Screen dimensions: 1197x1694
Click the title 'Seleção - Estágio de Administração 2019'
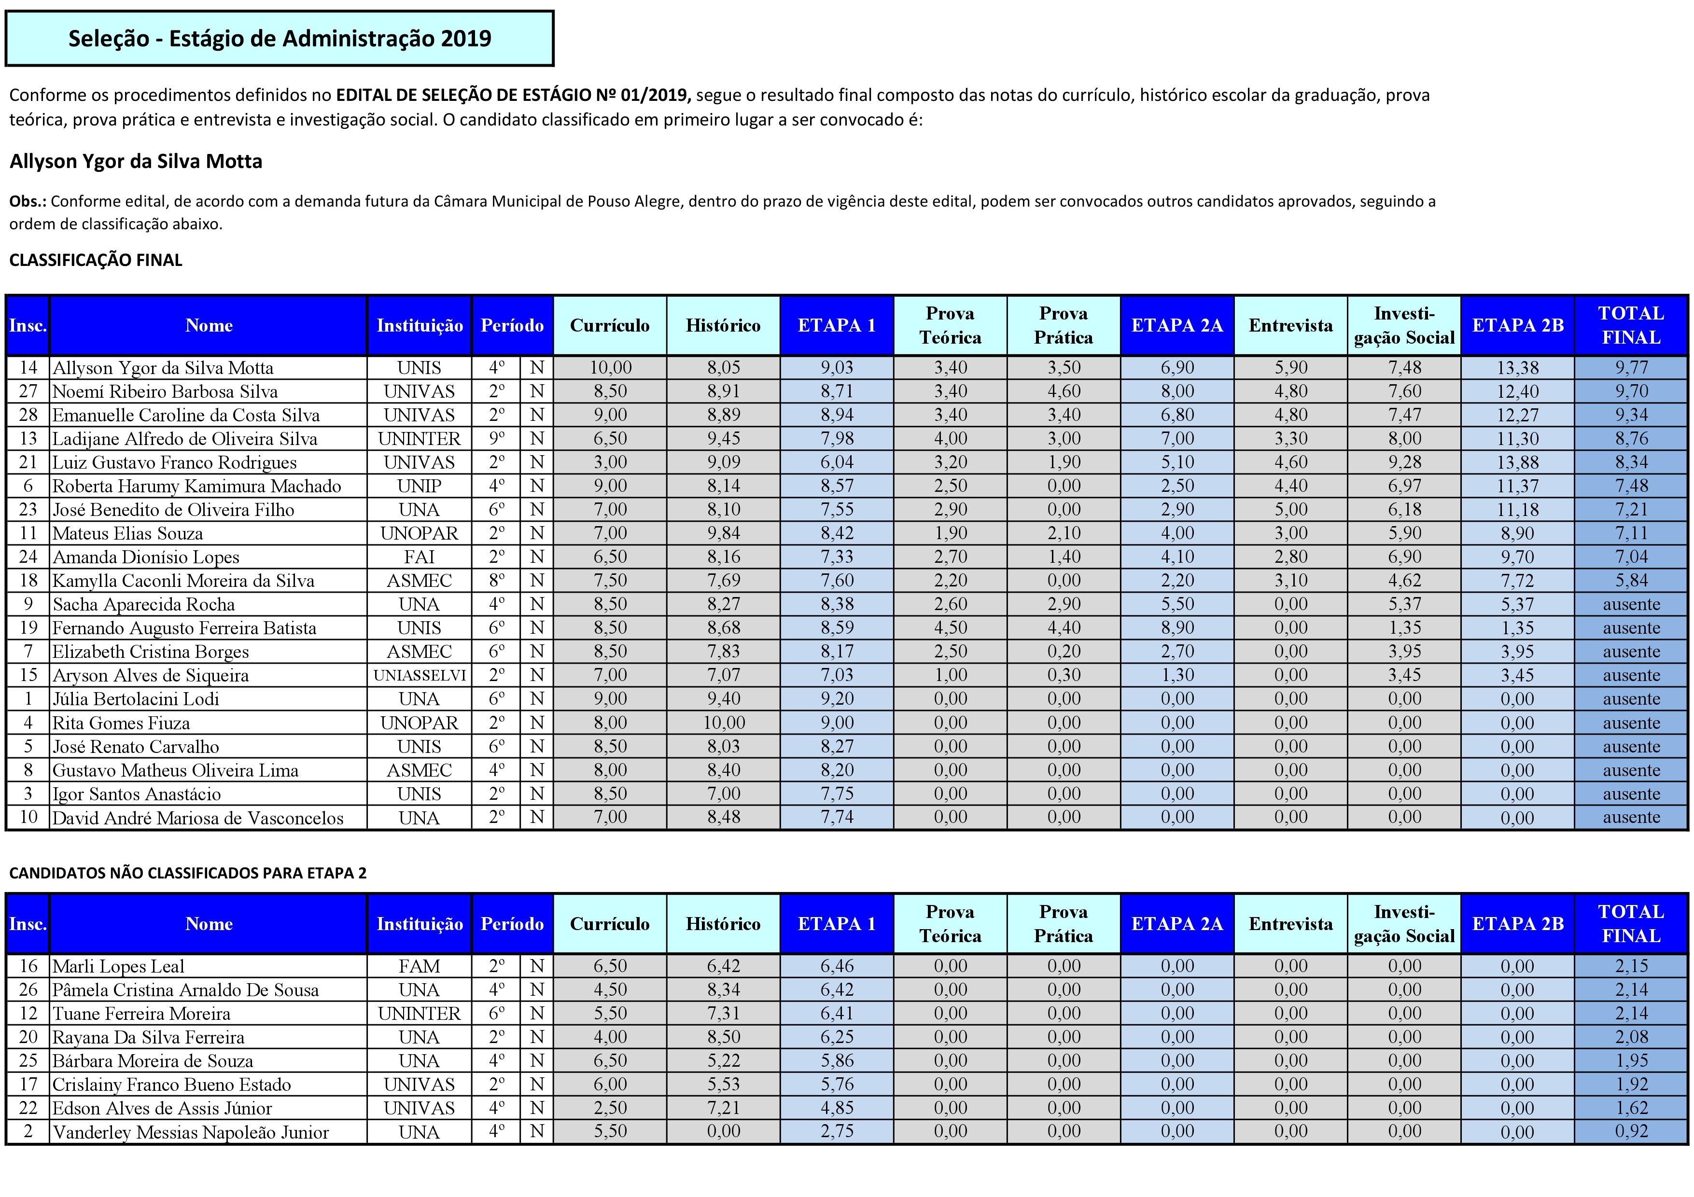(x=280, y=38)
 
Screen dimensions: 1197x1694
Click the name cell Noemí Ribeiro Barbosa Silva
(x=165, y=391)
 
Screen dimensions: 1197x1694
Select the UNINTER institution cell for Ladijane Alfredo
(x=419, y=439)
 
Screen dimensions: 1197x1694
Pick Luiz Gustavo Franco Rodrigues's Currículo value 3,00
(x=610, y=462)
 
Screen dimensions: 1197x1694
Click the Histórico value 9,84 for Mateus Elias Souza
(x=723, y=533)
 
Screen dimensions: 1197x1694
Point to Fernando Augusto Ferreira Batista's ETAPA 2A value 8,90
(x=1177, y=627)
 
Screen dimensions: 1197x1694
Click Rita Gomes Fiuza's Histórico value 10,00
(x=723, y=723)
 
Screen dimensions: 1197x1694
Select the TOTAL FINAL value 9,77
(x=1631, y=367)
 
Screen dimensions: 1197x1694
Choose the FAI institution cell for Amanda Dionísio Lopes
(x=419, y=557)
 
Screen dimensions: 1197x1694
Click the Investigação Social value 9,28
(x=1404, y=462)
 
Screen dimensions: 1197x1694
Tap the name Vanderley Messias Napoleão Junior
(x=190, y=1132)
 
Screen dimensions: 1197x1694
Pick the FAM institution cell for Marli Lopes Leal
(x=419, y=966)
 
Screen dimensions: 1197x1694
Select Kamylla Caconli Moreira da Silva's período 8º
(x=497, y=581)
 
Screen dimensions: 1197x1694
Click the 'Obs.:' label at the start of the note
(x=28, y=201)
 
